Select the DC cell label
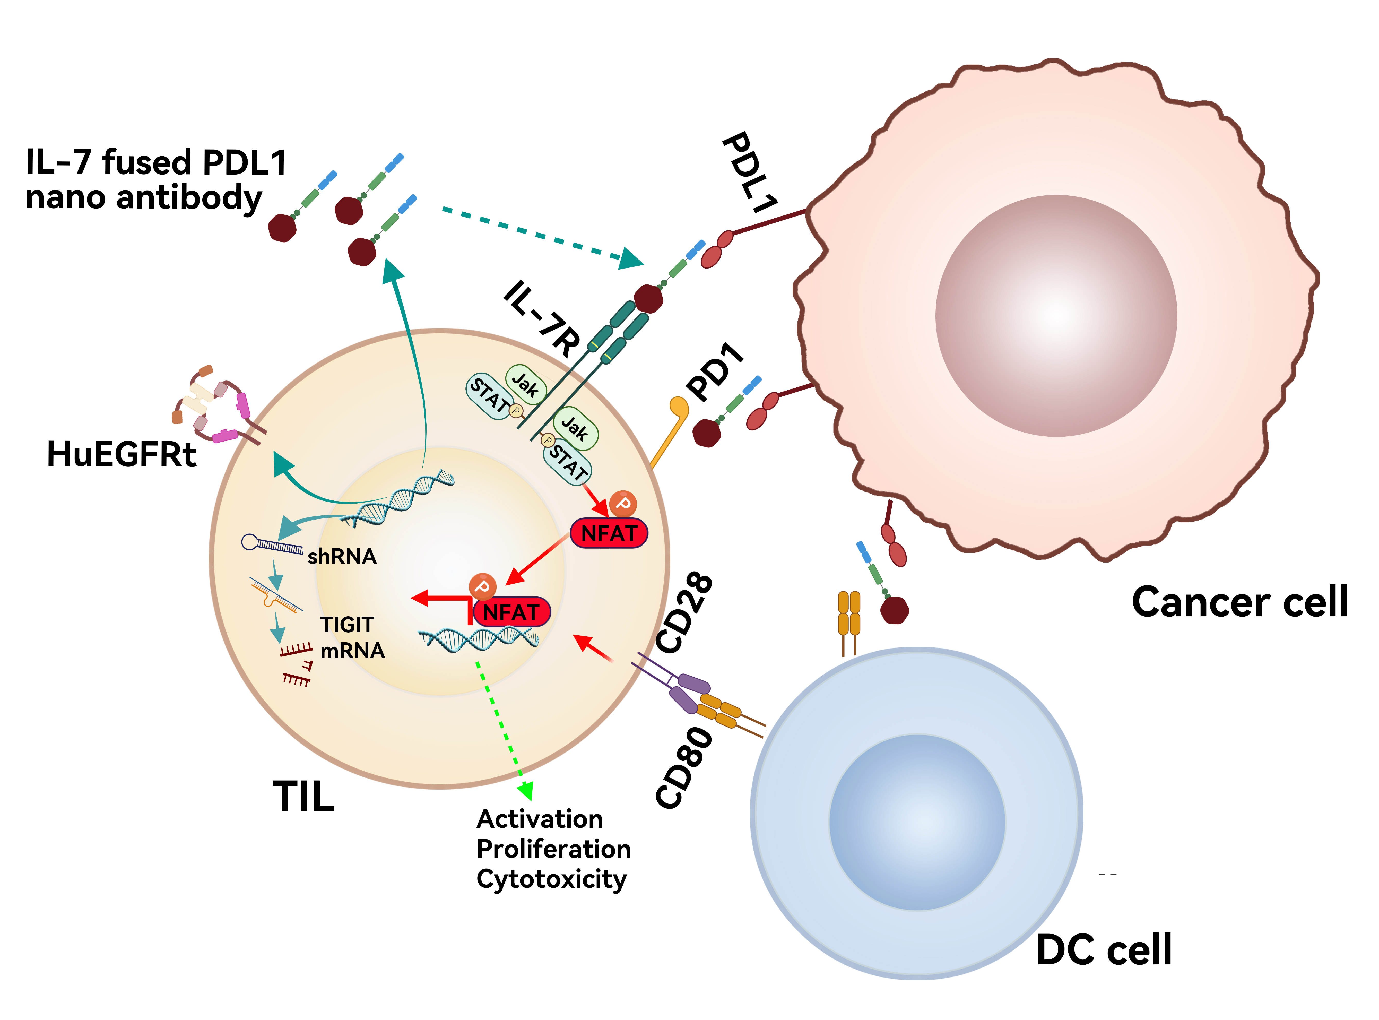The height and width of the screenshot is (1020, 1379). tap(1104, 950)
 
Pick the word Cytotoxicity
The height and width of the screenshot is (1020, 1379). tap(551, 879)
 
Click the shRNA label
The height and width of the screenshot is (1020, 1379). tap(342, 557)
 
